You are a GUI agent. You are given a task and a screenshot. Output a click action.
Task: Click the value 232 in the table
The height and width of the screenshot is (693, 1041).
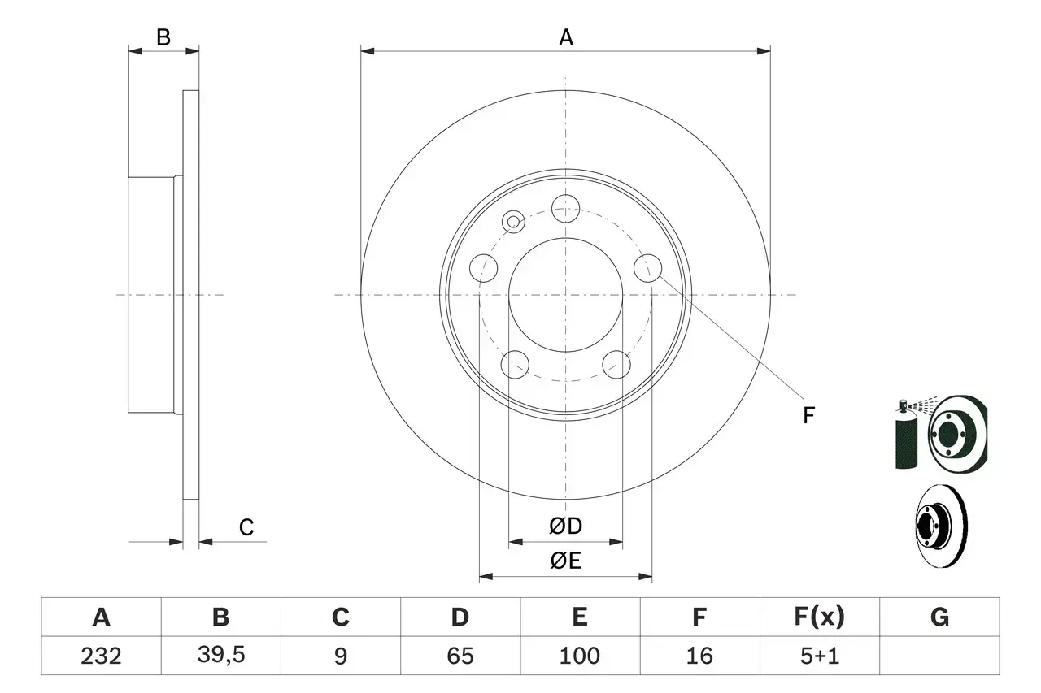(101, 656)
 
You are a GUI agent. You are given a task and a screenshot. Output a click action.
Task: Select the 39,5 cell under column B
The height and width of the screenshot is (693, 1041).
(220, 656)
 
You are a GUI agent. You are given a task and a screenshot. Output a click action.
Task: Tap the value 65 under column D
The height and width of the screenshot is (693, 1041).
(460, 656)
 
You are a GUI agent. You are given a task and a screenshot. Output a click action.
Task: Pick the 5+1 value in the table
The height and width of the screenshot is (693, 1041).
(819, 656)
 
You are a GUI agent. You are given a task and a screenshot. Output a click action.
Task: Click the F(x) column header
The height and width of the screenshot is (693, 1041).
(819, 618)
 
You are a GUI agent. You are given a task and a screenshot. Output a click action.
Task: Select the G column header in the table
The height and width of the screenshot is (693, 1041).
(939, 618)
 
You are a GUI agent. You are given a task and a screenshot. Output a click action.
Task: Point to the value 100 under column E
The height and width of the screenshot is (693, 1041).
(579, 656)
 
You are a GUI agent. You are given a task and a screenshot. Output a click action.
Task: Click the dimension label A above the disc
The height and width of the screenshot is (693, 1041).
(565, 37)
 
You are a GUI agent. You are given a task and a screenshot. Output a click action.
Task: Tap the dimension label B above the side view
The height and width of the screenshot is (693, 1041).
(163, 37)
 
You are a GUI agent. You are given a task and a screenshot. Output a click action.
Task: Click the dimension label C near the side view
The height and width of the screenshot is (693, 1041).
(246, 527)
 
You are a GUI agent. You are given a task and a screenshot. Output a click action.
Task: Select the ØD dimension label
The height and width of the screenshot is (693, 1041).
(565, 526)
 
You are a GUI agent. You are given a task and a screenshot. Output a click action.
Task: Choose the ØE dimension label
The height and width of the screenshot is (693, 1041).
(565, 561)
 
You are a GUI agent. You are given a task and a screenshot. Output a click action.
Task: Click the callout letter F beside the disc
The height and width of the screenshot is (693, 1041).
(808, 416)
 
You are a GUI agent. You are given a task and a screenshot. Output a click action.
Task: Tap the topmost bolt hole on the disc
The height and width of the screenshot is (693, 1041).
(564, 208)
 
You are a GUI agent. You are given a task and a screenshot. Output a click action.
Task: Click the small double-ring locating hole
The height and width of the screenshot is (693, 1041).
(514, 222)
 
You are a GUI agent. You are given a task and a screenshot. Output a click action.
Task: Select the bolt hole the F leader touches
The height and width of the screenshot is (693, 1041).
(648, 269)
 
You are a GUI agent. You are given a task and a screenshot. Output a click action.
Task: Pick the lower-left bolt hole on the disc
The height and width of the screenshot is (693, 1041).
(515, 365)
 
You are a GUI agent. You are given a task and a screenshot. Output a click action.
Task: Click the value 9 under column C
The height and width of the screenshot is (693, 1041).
(340, 656)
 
